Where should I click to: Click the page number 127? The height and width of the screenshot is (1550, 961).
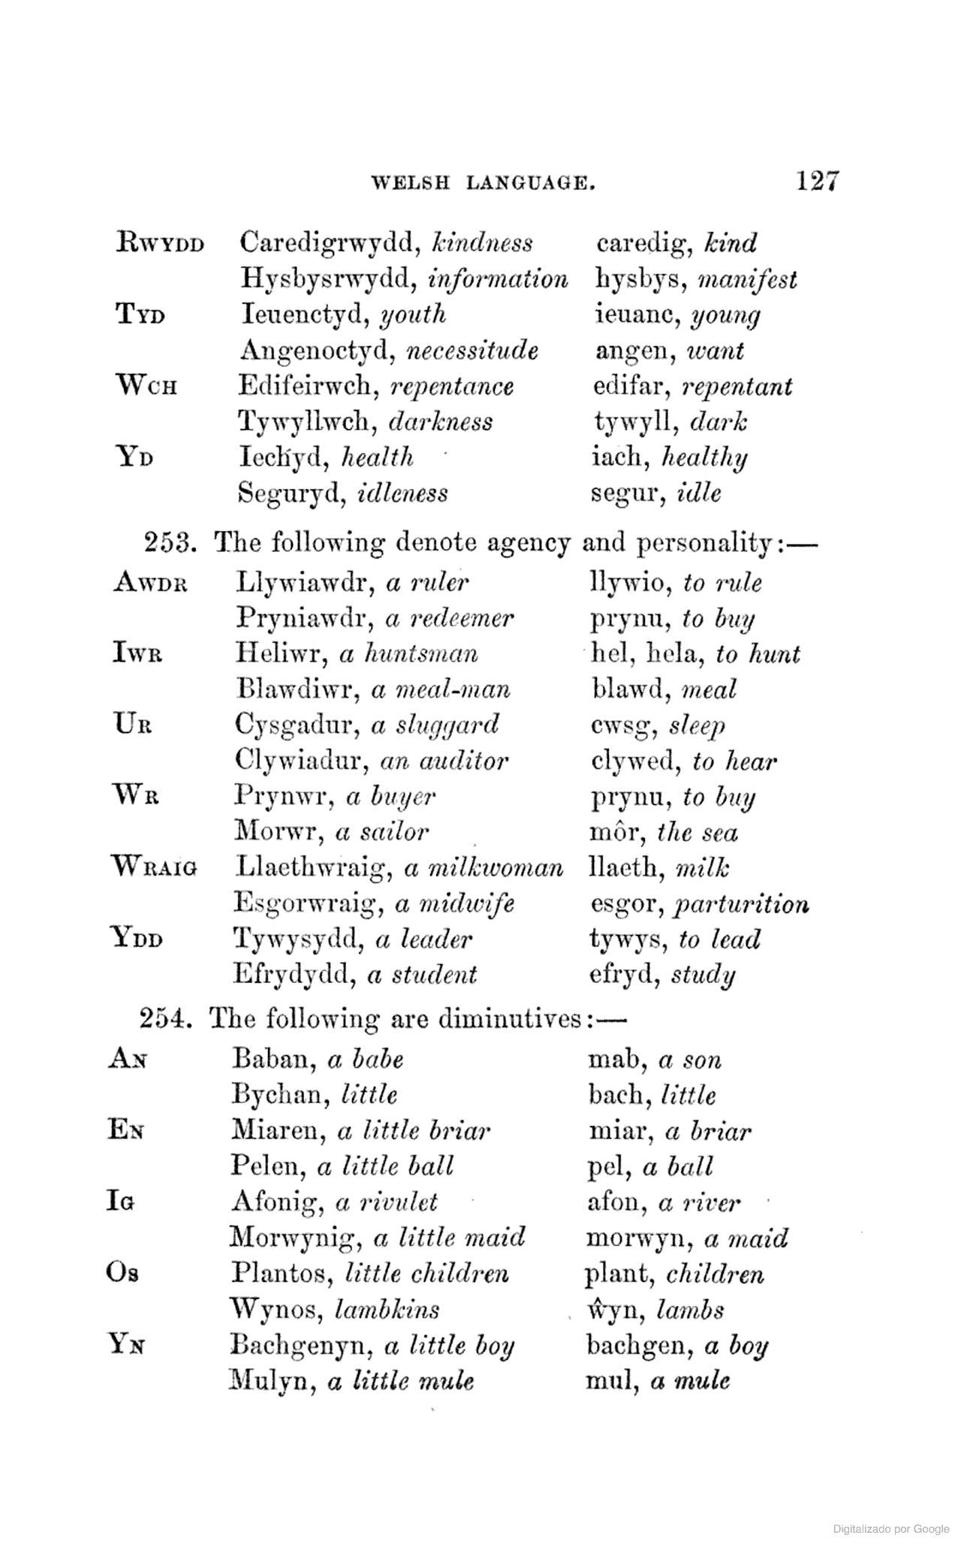pos(817,181)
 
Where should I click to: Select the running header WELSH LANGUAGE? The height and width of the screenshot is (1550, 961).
pos(484,182)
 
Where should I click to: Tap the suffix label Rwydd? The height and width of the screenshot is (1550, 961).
pos(161,243)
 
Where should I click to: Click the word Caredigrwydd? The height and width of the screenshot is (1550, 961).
pos(330,243)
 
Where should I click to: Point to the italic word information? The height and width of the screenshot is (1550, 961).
pos(498,280)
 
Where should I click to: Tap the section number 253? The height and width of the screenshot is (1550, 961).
pos(170,541)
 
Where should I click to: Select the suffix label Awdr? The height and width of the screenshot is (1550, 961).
pos(149,583)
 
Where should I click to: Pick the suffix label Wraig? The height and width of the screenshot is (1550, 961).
pos(155,867)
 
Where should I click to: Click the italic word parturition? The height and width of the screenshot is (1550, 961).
pos(741,903)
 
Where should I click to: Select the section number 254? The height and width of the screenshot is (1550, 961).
pos(167,1019)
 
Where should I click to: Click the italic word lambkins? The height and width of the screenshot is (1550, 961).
pos(387,1310)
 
